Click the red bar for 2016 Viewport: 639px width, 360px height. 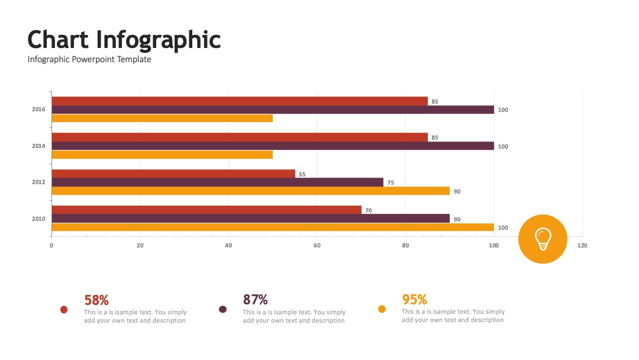[240, 101]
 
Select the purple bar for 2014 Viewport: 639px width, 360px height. [273, 146]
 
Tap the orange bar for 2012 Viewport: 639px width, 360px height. [251, 191]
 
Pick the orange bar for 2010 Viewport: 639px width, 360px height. [273, 227]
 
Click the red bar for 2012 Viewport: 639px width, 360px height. [173, 173]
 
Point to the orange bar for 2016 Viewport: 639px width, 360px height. [162, 118]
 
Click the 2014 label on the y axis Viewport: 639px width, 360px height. [38, 146]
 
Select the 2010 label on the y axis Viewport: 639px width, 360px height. [38, 219]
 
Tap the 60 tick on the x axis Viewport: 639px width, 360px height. [317, 246]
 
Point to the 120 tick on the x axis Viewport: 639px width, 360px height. [582, 246]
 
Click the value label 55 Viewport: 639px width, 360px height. [302, 175]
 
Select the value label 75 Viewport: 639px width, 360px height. [390, 182]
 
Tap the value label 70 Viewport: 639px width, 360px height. [369, 211]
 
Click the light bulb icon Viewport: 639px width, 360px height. [543, 239]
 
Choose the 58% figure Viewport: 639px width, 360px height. [96, 300]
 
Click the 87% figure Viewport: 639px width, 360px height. [256, 300]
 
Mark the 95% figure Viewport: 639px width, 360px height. [414, 300]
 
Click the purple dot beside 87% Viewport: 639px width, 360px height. [222, 310]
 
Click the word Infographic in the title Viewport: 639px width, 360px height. [159, 40]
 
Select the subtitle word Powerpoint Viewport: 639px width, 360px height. [93, 60]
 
